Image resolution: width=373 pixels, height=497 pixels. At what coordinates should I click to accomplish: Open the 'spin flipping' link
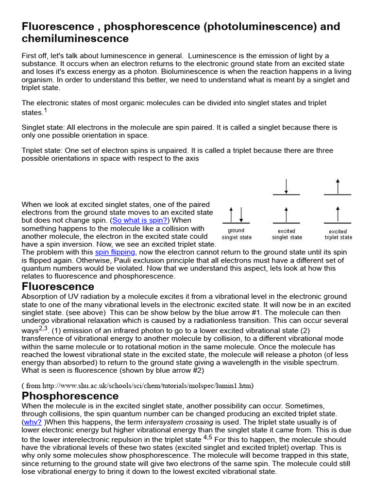coord(115,252)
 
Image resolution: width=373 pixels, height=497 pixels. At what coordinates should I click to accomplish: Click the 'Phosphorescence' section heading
coord(70,396)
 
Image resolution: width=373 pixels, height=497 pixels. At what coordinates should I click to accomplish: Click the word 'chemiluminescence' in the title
coord(75,39)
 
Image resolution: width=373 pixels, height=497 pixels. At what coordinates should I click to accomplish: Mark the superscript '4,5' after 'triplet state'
coord(208,437)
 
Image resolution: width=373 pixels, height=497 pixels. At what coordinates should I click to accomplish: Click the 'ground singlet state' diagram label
coord(237,234)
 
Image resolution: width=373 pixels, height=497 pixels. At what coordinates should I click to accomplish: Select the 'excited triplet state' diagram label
coord(338,234)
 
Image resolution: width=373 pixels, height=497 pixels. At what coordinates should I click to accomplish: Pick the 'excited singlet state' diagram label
coord(287,234)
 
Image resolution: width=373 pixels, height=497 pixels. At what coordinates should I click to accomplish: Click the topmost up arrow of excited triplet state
coord(338,186)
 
